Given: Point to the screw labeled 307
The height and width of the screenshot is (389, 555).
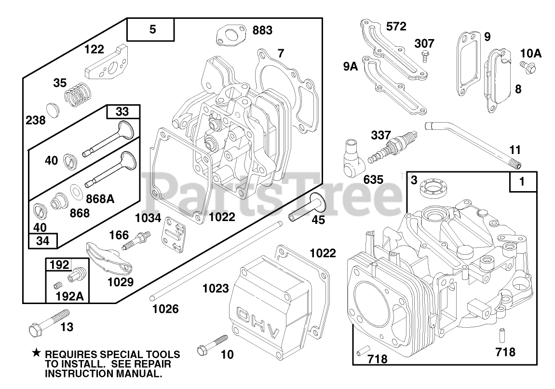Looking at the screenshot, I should tap(423, 57).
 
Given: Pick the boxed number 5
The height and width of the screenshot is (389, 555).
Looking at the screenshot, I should tap(152, 30).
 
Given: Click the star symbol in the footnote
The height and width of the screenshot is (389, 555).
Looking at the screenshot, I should tap(36, 354).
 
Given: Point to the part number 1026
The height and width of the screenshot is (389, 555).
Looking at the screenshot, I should tap(165, 308).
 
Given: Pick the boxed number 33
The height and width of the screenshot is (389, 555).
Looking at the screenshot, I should tap(122, 112).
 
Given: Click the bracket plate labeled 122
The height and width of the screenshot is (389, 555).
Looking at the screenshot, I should tap(108, 62).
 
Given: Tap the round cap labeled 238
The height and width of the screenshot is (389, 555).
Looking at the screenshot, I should tap(54, 108).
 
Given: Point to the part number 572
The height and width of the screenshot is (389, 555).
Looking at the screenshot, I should tap(396, 26).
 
